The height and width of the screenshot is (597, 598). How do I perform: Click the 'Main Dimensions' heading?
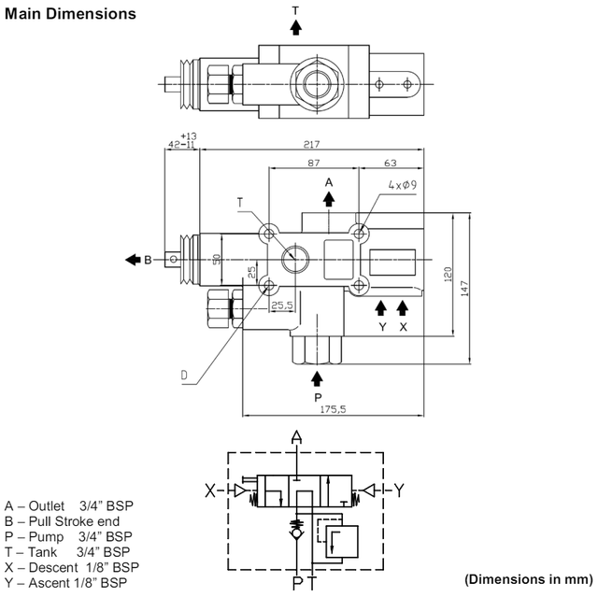pyautogui.click(x=70, y=14)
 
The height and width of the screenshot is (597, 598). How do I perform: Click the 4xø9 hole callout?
pyautogui.click(x=403, y=185)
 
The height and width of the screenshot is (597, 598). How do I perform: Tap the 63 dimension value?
pyautogui.click(x=390, y=164)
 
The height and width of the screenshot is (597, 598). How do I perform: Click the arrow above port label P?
pyautogui.click(x=318, y=377)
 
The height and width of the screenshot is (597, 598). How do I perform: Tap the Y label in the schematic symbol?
pyautogui.click(x=398, y=489)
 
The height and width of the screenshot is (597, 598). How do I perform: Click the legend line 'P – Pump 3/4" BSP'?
pyautogui.click(x=68, y=536)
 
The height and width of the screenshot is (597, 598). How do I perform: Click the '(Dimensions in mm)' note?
pyautogui.click(x=529, y=577)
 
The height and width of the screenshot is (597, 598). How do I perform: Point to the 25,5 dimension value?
pyautogui.click(x=282, y=305)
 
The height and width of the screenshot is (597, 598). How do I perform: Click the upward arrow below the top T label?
pyautogui.click(x=296, y=27)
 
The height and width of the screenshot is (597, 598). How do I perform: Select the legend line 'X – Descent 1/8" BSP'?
pyautogui.click(x=71, y=566)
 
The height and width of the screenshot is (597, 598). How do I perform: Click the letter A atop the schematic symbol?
pyautogui.click(x=297, y=437)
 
